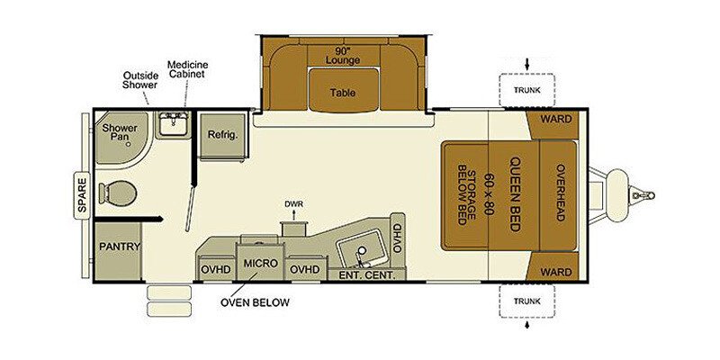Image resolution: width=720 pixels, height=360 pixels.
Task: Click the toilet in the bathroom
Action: tap(118, 193)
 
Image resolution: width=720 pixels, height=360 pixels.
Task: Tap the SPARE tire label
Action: tap(82, 195)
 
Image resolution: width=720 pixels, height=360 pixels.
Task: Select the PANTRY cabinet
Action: tap(119, 251)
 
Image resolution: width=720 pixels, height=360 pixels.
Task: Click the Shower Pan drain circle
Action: tap(129, 144)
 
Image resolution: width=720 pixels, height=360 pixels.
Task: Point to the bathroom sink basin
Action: tap(173, 123)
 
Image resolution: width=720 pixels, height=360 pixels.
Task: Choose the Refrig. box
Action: tap(222, 135)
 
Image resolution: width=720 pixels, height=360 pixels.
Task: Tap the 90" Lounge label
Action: tap(343, 55)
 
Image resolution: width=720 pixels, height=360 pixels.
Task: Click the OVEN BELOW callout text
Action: tap(255, 302)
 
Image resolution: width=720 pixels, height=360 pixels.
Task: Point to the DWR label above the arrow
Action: tap(294, 204)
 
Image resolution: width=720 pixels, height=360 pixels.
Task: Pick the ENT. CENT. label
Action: tap(367, 275)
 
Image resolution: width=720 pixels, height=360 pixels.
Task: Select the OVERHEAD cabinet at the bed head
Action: tap(558, 195)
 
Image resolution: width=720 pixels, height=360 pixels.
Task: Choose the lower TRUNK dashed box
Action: tap(527, 301)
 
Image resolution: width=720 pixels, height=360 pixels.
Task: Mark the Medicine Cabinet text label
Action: tap(187, 69)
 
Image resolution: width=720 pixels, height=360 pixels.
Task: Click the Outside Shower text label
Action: tap(140, 80)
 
